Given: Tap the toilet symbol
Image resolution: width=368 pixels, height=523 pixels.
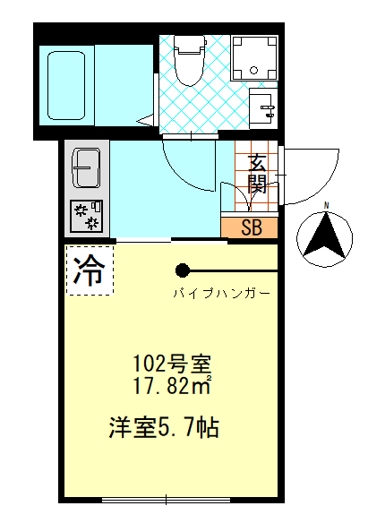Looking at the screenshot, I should click(x=188, y=63).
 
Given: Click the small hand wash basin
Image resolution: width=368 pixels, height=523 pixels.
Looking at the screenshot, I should click(x=267, y=108).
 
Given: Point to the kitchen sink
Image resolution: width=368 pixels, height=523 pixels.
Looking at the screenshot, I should click(x=87, y=167).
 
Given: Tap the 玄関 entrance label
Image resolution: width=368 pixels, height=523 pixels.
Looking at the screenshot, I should click(x=257, y=175).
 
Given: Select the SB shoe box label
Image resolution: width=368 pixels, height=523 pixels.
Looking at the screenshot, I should click(x=252, y=227).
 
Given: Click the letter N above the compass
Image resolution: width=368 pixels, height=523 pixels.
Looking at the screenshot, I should click(x=327, y=206).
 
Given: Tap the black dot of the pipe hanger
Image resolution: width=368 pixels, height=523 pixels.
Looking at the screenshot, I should click(x=183, y=270).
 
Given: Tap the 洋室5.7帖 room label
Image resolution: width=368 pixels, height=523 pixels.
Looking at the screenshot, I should click(x=166, y=426).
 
